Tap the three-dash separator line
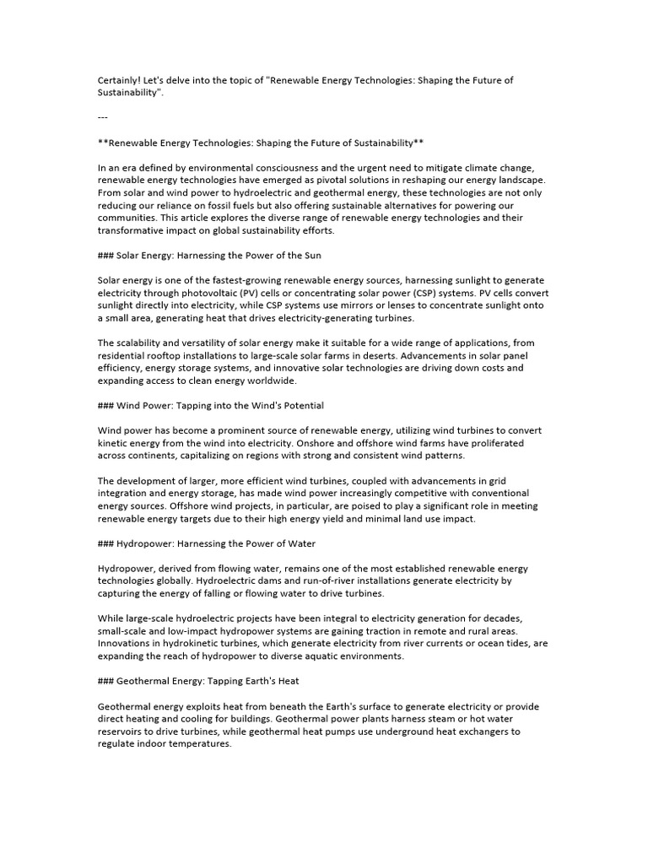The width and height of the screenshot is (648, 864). pyautogui.click(x=103, y=116)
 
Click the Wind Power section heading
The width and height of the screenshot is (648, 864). pyautogui.click(x=211, y=406)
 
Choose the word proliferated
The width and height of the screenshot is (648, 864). pyautogui.click(x=494, y=443)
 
